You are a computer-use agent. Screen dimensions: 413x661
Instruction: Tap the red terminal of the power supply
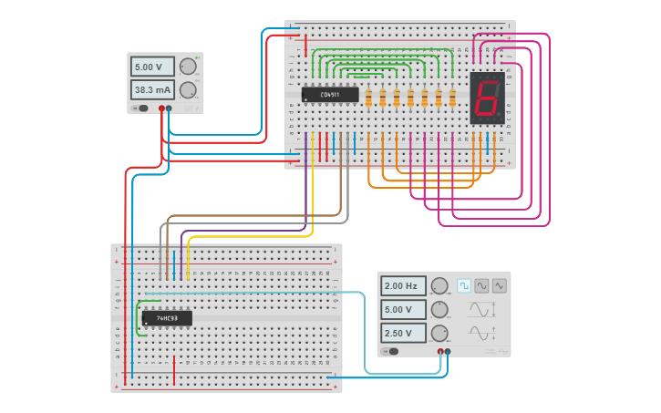(x=161, y=108)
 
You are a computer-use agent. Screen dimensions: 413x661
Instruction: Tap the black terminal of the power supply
(x=169, y=108)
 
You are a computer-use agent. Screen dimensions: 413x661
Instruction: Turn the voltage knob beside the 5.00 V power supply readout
(x=188, y=67)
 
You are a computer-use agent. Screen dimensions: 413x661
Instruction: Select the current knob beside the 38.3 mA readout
(x=188, y=89)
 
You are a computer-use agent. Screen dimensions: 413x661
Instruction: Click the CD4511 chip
(x=330, y=94)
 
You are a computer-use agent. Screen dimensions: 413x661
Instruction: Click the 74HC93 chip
(x=167, y=318)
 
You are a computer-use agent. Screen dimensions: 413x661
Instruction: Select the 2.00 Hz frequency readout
(x=402, y=286)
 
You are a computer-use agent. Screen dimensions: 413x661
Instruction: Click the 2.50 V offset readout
(x=402, y=333)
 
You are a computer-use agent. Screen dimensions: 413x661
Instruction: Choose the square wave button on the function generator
(x=464, y=285)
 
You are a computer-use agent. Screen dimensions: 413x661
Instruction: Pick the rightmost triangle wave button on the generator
(x=499, y=285)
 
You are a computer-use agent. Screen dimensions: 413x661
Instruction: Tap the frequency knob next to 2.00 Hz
(x=439, y=286)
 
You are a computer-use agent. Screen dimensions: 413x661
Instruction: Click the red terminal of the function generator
(x=440, y=351)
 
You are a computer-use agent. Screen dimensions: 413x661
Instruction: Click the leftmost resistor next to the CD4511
(x=368, y=97)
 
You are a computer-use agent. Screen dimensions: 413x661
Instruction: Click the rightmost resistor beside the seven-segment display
(x=452, y=97)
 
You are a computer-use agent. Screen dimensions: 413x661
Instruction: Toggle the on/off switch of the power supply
(x=141, y=108)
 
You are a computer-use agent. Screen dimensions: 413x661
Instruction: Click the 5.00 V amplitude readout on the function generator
(x=402, y=309)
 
